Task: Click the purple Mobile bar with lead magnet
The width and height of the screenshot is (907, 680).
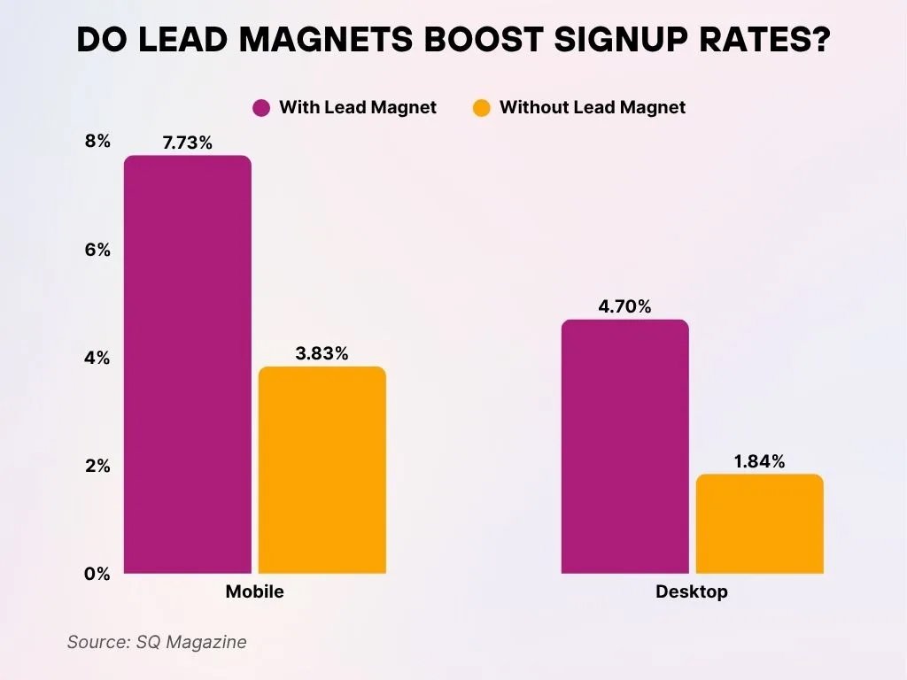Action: tap(187, 365)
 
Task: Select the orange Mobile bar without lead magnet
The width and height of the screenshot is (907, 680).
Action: tap(322, 470)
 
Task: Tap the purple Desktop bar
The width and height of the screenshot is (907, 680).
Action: tap(624, 446)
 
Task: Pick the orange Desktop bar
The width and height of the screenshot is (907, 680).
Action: tap(759, 523)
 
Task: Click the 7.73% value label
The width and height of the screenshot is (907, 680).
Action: tap(187, 142)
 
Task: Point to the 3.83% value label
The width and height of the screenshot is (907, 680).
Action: tap(322, 353)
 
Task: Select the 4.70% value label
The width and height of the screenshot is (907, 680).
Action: tap(624, 306)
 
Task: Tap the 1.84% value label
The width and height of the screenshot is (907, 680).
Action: tap(759, 461)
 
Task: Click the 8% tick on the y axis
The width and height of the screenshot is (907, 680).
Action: tap(97, 142)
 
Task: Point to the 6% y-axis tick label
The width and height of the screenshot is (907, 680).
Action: tap(97, 250)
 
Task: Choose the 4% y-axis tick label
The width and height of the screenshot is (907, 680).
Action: tap(97, 358)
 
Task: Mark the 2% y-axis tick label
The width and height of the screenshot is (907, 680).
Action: tap(97, 466)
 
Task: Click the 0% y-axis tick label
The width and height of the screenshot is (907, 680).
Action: tap(97, 574)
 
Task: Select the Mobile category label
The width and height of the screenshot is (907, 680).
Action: tap(255, 591)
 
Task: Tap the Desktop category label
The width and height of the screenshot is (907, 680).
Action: tap(691, 591)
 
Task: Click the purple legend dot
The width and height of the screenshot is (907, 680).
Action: tap(261, 108)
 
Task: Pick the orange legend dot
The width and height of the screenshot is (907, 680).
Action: tap(481, 108)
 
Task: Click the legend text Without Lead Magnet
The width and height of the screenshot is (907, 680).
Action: tap(593, 108)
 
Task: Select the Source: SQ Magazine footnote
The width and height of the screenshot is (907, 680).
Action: tap(157, 642)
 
